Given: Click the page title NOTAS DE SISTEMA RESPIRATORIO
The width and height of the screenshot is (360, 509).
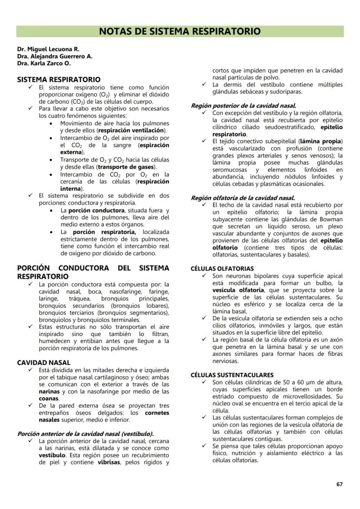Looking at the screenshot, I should (180, 31).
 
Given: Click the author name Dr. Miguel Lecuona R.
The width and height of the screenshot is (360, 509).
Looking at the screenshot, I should (48, 49).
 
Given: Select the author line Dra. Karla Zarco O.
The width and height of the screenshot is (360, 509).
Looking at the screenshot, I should (44, 63).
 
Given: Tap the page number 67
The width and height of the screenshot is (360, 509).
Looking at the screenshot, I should (340, 484).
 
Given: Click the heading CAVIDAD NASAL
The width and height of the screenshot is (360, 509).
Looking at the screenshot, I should (43, 363).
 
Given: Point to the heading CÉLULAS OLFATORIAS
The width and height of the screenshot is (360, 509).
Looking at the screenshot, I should (222, 269).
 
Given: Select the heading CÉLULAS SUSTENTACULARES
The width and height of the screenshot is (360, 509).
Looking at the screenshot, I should (232, 375).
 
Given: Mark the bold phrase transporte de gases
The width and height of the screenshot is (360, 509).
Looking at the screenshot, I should (127, 166).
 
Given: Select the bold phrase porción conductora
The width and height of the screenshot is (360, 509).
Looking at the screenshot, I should (96, 210).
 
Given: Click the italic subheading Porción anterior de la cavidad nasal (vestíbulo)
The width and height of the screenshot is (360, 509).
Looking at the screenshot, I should (85, 434).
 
